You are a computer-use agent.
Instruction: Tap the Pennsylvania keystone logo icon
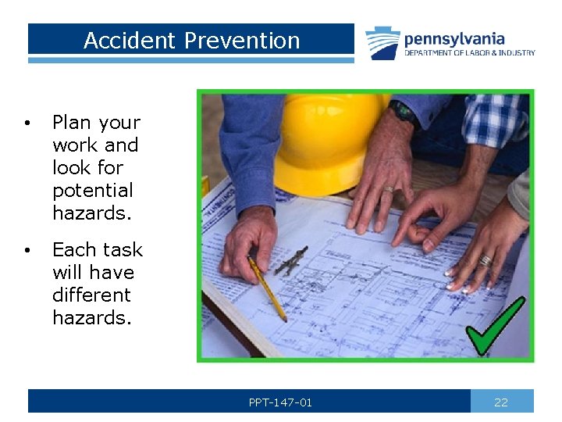point(382,42)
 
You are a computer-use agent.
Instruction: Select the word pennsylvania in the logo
point(454,38)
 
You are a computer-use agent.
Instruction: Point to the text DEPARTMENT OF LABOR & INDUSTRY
point(469,53)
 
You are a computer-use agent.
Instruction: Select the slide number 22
point(501,402)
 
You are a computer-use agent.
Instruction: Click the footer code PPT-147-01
point(280,402)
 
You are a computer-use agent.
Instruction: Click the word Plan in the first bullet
point(71,123)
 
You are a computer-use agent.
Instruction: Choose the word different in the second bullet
point(91,295)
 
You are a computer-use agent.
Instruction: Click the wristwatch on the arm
point(403,112)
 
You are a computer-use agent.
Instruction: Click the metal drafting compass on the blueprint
point(290,259)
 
